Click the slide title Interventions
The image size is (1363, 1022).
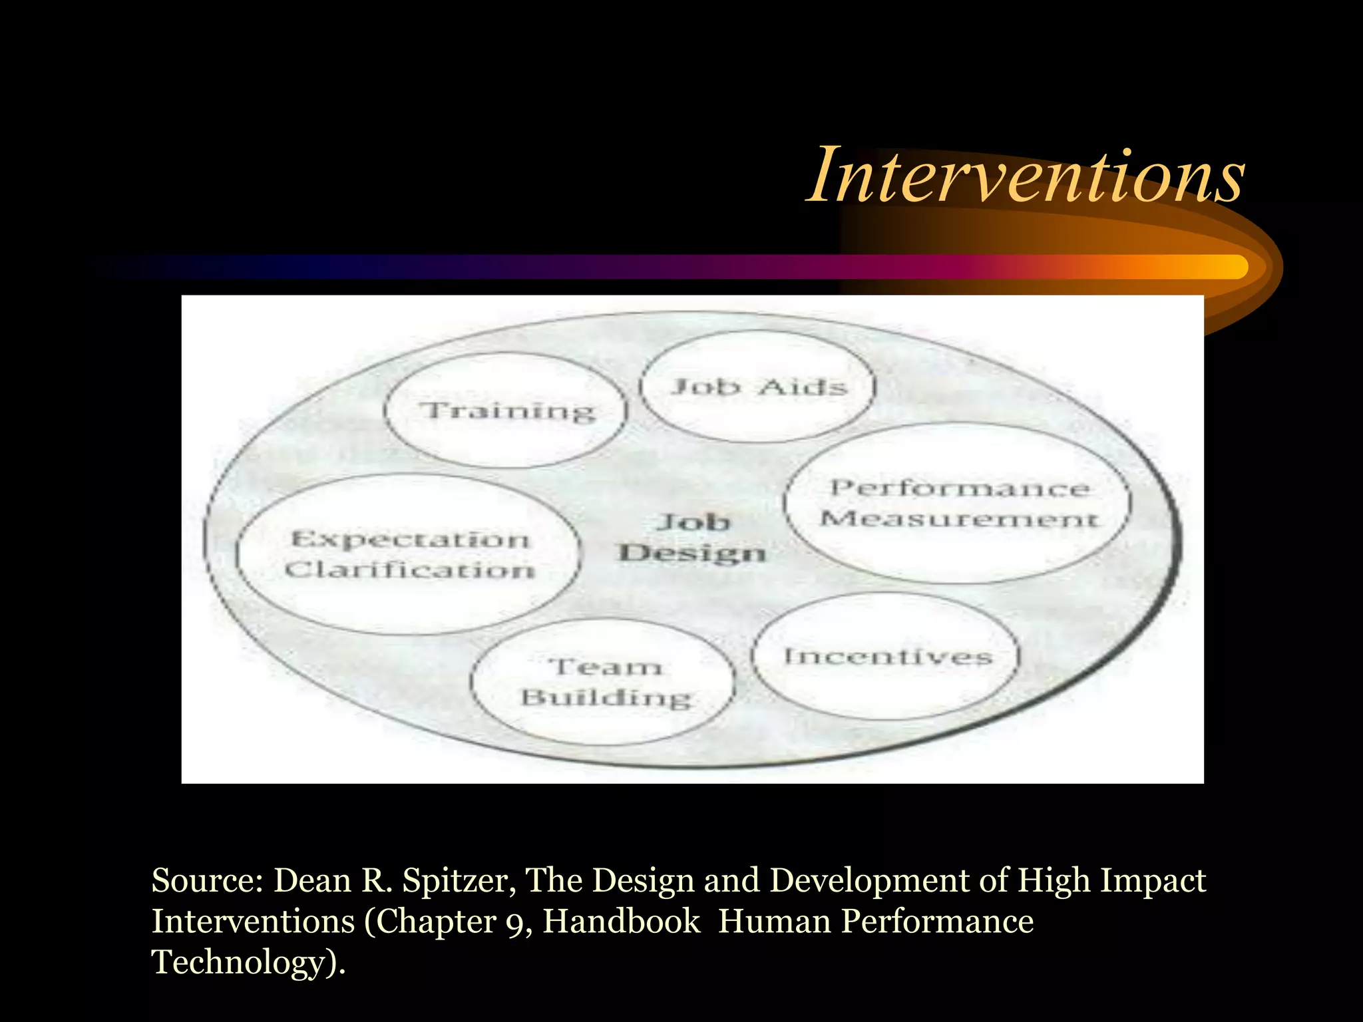[1025, 176]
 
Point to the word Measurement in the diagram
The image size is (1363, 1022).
[958, 518]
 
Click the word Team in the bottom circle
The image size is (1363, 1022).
[606, 667]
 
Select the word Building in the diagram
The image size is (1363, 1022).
[606, 698]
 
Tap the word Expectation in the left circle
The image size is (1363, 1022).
[410, 539]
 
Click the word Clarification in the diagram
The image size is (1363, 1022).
[410, 570]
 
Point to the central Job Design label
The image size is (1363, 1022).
[692, 538]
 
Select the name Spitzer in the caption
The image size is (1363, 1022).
[459, 880]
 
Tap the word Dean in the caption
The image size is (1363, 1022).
[312, 880]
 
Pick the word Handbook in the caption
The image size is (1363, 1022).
[622, 922]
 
